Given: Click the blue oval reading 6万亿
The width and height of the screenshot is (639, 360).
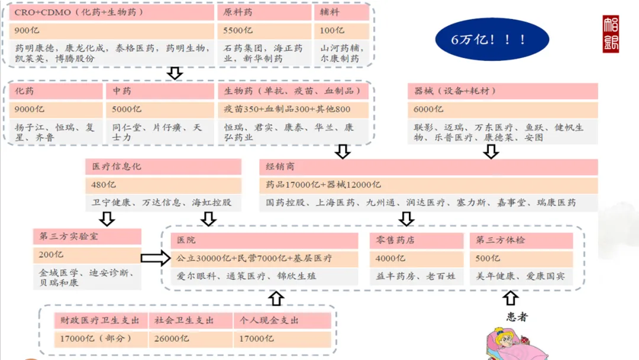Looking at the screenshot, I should pos(492,39).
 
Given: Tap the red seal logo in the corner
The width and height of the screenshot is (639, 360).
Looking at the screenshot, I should pos(611,34).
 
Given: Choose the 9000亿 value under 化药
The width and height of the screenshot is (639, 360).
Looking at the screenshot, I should pos(57,110).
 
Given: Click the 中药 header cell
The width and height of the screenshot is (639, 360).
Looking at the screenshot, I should pos(160,91).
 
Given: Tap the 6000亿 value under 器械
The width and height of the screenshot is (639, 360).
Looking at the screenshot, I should pos(502,110).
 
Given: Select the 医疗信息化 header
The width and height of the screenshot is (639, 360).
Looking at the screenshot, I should pos(163,167).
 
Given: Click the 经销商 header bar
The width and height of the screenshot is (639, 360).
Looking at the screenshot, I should pos(428,167).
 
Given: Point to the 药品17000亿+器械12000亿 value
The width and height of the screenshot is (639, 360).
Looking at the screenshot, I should pos(428,185).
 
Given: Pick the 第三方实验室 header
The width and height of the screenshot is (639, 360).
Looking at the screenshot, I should pos(87,237).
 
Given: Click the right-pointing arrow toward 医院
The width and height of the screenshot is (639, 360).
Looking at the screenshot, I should pos(156,258).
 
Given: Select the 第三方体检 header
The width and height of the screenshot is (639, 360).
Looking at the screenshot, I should pos(521,240).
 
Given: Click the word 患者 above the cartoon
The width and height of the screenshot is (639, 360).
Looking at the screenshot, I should pos(517,317).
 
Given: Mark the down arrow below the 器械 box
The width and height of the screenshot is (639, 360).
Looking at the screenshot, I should pos(490,152).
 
